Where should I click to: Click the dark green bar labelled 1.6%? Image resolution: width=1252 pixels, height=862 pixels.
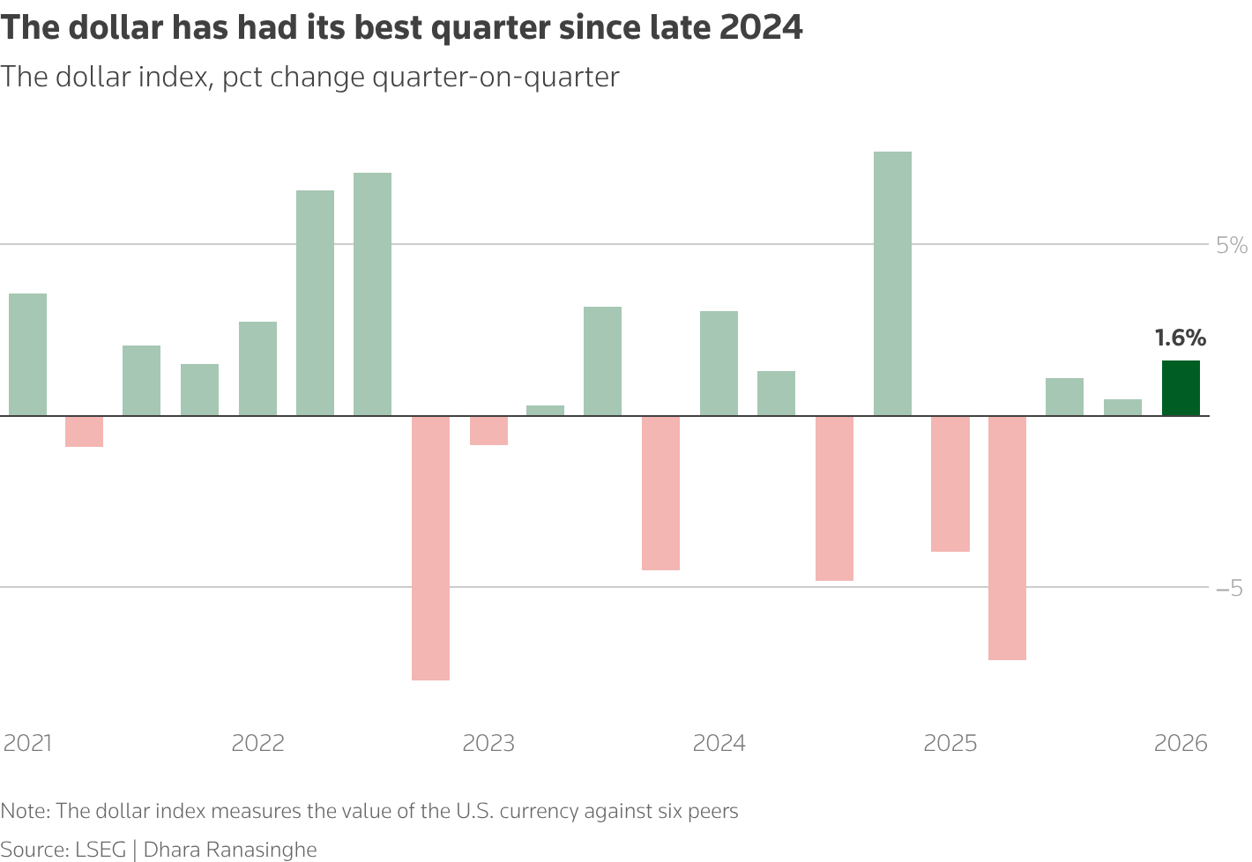point(1181,388)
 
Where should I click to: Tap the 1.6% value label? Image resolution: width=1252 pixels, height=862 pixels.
point(1181,338)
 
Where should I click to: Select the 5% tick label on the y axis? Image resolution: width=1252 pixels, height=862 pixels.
point(1231,245)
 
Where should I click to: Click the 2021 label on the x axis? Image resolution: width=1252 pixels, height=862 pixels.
point(28,743)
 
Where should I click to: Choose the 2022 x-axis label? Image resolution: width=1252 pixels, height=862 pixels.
point(258,743)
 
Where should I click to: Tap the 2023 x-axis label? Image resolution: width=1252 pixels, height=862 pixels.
point(488,743)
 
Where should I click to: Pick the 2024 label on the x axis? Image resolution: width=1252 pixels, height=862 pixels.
point(719,743)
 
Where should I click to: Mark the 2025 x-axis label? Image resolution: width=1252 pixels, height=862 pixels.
point(950,743)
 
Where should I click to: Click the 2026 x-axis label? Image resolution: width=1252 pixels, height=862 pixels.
point(1181,743)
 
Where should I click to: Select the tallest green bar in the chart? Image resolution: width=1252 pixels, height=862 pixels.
point(892,283)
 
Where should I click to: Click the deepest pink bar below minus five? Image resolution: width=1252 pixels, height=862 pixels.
point(430,547)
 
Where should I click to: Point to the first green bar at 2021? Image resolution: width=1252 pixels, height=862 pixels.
point(28,354)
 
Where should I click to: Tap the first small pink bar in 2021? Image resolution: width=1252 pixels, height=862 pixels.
point(85,431)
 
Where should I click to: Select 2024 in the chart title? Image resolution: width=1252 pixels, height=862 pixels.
point(761,28)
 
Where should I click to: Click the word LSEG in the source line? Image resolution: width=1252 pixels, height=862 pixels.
point(101,850)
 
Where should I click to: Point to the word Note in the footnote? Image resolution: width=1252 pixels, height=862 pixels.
point(24,811)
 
